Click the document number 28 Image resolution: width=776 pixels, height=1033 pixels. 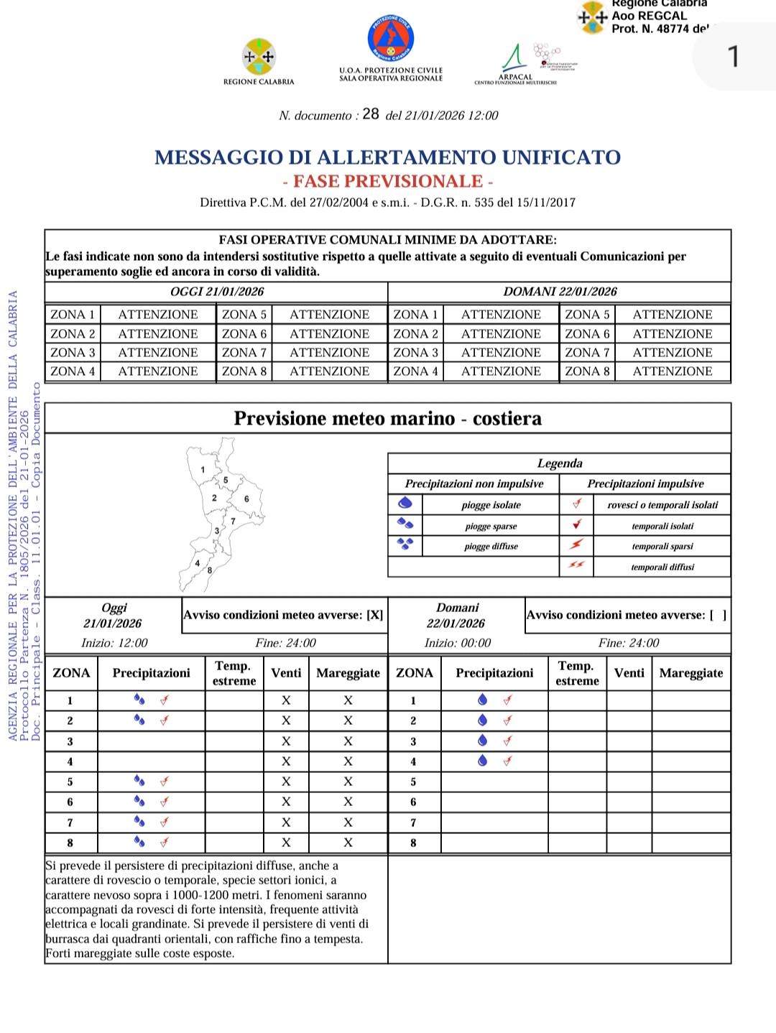pyautogui.click(x=371, y=114)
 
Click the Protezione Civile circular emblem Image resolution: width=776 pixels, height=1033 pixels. pyautogui.click(x=391, y=40)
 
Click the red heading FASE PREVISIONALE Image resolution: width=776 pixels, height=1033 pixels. pyautogui.click(x=388, y=180)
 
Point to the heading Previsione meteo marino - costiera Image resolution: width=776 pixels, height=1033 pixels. pyautogui.click(x=388, y=419)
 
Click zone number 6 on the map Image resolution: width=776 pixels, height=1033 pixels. pyautogui.click(x=246, y=499)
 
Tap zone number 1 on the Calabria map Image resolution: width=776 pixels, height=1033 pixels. pyautogui.click(x=203, y=470)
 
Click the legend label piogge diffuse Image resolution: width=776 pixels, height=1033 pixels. pyautogui.click(x=491, y=547)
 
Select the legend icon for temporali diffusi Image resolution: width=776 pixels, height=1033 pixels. pyautogui.click(x=576, y=566)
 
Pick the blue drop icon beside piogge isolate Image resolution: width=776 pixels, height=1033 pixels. pyautogui.click(x=405, y=504)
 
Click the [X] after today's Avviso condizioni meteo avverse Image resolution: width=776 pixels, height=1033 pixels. pyautogui.click(x=375, y=616)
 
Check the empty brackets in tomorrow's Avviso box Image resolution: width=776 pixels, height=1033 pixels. pyautogui.click(x=718, y=616)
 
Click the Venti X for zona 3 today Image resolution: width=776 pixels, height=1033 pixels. pyautogui.click(x=286, y=741)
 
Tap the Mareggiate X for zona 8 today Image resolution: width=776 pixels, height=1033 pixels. pyautogui.click(x=348, y=843)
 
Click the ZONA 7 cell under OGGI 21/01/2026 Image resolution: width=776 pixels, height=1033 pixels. pyautogui.click(x=244, y=353)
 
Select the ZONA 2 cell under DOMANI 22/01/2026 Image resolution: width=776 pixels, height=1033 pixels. pyautogui.click(x=415, y=334)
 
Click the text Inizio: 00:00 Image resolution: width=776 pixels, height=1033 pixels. pyautogui.click(x=458, y=643)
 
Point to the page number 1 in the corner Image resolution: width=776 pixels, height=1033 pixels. pyautogui.click(x=734, y=56)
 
